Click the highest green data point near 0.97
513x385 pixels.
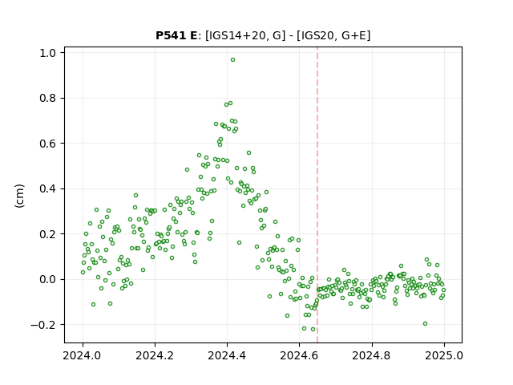point(232,60)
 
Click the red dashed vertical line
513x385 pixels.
point(317,195)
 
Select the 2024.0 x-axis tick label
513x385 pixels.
point(83,355)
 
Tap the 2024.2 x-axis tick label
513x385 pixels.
point(155,355)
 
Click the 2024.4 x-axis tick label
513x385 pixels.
point(227,355)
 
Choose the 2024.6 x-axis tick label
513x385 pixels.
point(299,355)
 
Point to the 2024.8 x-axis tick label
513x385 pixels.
point(372,355)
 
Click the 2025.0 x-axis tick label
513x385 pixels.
point(444,355)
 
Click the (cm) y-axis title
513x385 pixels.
point(19,196)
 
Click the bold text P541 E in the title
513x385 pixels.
point(176,35)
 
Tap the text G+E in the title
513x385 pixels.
point(353,35)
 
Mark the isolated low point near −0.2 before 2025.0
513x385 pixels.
point(425,324)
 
